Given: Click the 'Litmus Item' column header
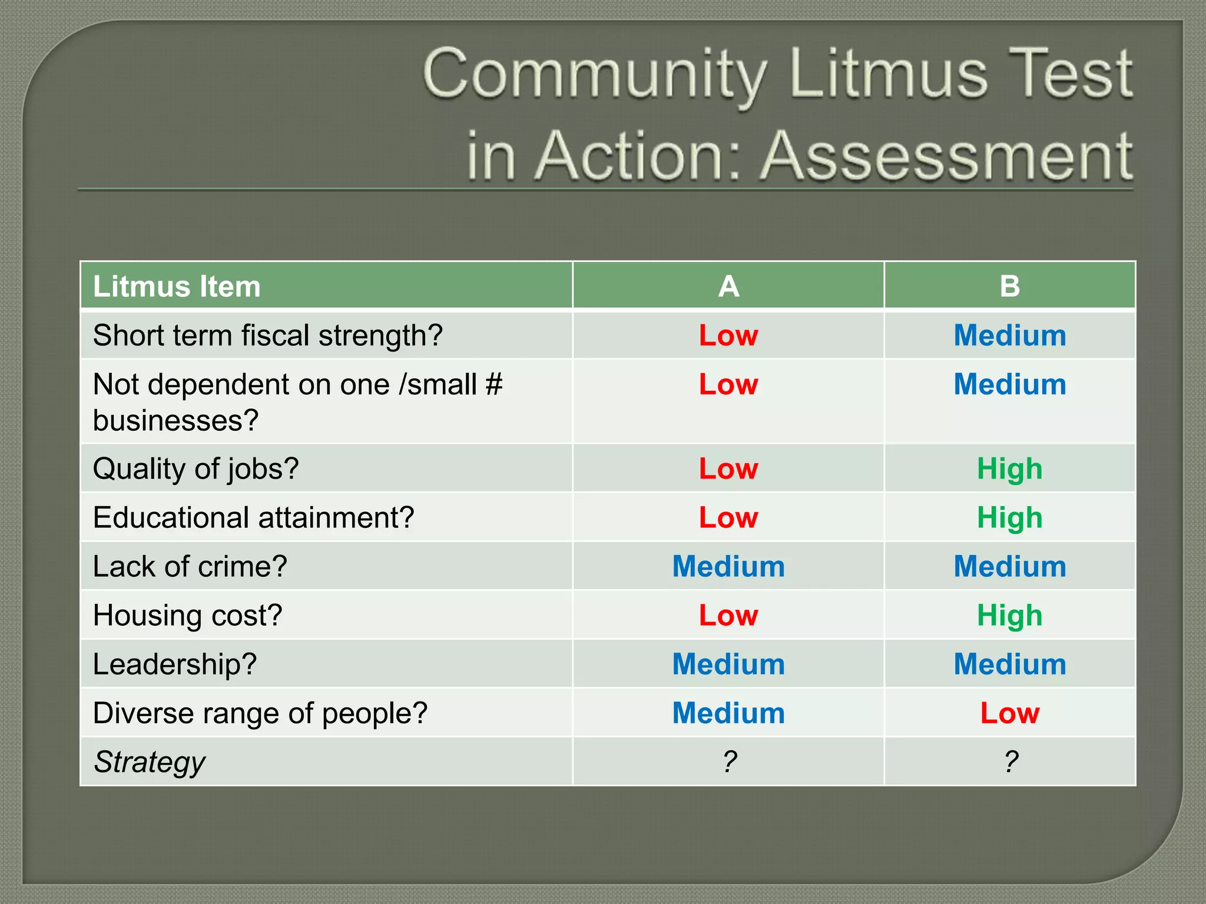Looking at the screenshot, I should [177, 287].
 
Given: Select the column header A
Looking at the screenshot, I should [728, 287].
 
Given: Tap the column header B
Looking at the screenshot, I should [1009, 287].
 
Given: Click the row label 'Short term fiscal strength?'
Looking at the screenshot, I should [267, 335].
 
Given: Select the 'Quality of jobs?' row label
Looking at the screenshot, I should [196, 469].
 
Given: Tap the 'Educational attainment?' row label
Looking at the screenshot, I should [253, 518].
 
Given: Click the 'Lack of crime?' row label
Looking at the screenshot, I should [190, 567].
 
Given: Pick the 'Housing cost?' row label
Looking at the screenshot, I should [187, 616].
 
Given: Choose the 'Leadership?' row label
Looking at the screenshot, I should [174, 664].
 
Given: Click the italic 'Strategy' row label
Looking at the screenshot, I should [150, 762].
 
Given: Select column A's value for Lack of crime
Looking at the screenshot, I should [728, 567].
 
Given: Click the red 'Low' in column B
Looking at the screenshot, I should [1009, 713].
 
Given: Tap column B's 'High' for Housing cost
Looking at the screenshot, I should [1009, 616].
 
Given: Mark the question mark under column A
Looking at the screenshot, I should [730, 762].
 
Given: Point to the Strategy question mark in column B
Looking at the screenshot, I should [1010, 762].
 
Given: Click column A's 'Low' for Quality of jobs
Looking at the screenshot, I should [728, 469].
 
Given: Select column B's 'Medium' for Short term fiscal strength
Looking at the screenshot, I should [1009, 335].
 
